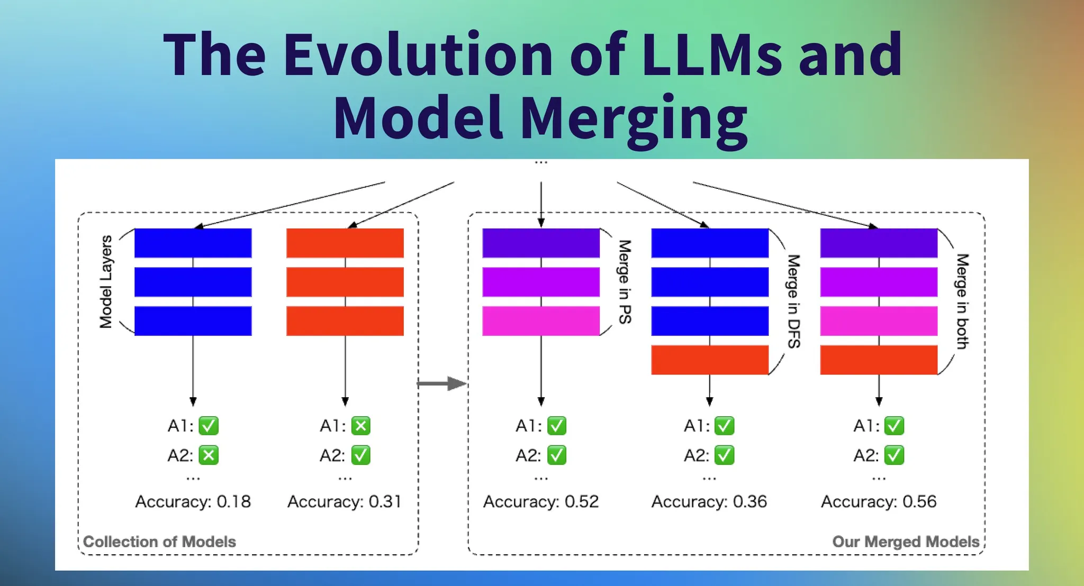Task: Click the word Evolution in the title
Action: point(418,55)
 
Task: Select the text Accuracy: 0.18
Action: point(193,501)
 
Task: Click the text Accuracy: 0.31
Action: point(345,501)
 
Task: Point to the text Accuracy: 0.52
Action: point(540,501)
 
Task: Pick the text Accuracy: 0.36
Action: point(709,501)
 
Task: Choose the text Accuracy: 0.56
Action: point(879,501)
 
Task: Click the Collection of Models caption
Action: point(159,542)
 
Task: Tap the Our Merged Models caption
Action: point(906,542)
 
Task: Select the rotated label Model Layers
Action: point(106,282)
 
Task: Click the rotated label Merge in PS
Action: point(625,282)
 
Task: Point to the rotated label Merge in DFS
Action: point(794,301)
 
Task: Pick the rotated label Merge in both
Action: point(963,301)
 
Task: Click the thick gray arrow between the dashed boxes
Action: point(442,383)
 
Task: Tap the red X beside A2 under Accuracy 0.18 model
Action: point(209,455)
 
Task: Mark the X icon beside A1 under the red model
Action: point(360,426)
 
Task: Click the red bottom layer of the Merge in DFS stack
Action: point(709,360)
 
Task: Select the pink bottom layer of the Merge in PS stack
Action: point(540,321)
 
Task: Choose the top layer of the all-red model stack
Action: point(345,243)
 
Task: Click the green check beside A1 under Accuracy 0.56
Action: point(894,426)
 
